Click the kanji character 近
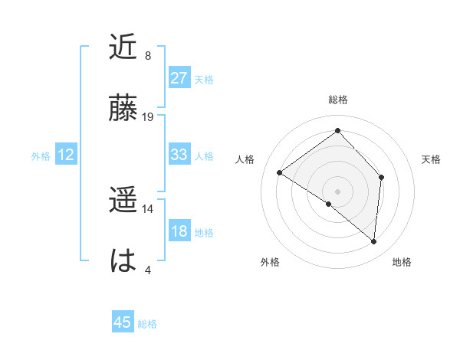123,47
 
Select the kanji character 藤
123,109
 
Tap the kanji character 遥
123,201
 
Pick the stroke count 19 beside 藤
148,116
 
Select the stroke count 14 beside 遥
148,208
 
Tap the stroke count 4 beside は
148,270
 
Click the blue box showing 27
179,78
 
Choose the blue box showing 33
179,155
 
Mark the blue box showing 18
179,232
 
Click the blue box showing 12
66,155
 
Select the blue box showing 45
123,322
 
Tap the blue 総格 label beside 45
147,324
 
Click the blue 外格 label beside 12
41,156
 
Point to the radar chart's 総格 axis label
337,100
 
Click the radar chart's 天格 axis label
431,159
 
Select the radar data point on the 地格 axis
374,241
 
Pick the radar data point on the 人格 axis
280,172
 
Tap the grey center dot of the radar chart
337,191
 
